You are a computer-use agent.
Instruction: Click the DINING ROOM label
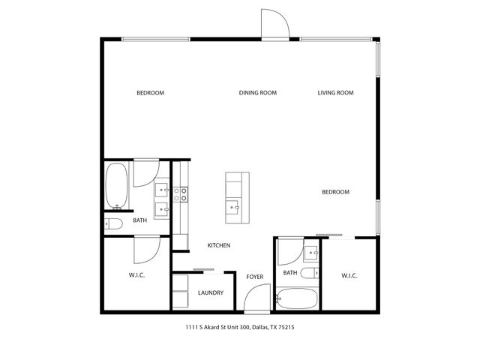click(x=258, y=93)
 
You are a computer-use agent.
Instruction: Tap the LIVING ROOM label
click(x=335, y=93)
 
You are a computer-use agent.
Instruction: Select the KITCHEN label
click(x=218, y=246)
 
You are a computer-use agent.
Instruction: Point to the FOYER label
click(x=255, y=277)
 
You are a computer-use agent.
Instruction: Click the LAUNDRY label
click(x=211, y=292)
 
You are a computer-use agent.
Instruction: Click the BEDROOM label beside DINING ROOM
click(x=150, y=93)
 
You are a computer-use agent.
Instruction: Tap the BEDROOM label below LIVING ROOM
click(x=335, y=192)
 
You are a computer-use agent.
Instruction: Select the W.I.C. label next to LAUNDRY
click(x=136, y=275)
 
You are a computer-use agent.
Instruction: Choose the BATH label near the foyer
click(x=291, y=273)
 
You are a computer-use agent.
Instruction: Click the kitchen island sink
click(x=236, y=206)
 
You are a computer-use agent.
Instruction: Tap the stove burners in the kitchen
click(x=180, y=195)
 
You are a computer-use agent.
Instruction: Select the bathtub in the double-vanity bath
click(x=116, y=186)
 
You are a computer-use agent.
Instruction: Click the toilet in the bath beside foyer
click(x=309, y=273)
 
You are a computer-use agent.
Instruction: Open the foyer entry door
click(x=255, y=302)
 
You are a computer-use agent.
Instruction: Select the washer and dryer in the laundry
click(x=180, y=292)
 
